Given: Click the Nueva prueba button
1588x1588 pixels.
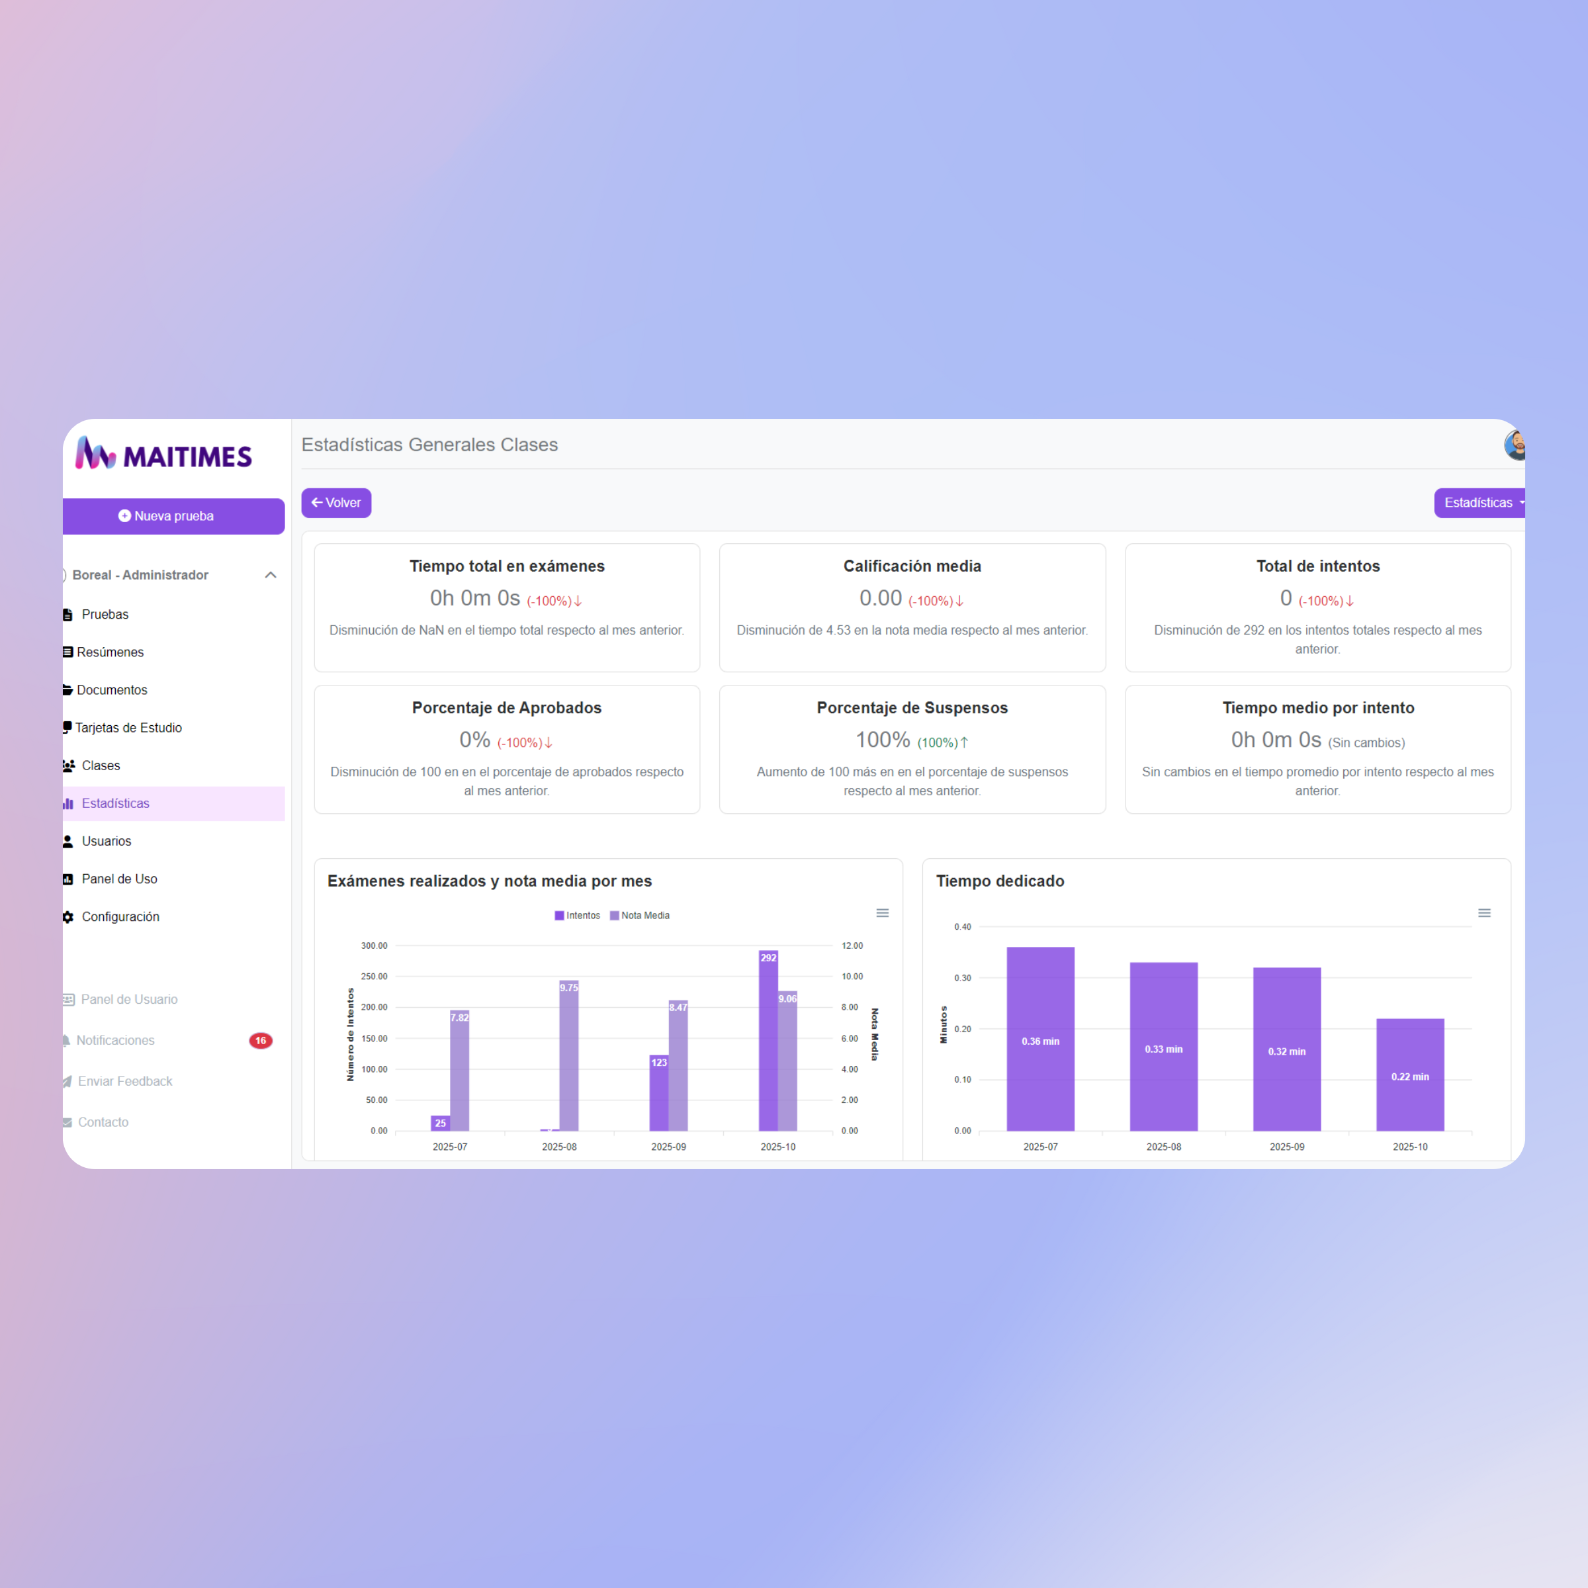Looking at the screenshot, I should click(x=173, y=516).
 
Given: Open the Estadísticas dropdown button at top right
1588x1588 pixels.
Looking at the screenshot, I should click(x=1479, y=503).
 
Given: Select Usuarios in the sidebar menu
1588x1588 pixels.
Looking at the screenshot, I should click(x=106, y=841).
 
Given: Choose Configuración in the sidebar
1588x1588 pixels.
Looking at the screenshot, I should click(x=120, y=916).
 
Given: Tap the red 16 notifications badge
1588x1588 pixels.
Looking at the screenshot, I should click(x=261, y=1041).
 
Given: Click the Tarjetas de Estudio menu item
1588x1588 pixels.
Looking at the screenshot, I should click(x=128, y=727).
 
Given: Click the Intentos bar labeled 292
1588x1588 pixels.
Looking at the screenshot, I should click(x=768, y=1044).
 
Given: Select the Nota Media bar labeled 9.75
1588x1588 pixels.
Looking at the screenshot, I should click(x=569, y=1060).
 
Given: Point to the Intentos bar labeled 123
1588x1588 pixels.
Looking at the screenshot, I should click(x=658, y=1093).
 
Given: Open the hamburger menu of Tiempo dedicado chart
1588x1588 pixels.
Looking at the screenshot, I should click(x=1484, y=913).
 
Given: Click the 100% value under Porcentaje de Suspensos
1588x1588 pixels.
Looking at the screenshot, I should click(x=883, y=740).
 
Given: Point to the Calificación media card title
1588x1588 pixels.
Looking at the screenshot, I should click(x=912, y=566).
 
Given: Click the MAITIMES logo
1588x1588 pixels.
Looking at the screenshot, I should click(x=164, y=455).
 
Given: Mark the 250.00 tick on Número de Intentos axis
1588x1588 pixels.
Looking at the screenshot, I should click(x=374, y=977).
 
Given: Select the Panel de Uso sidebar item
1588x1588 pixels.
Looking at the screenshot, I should click(x=119, y=879).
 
